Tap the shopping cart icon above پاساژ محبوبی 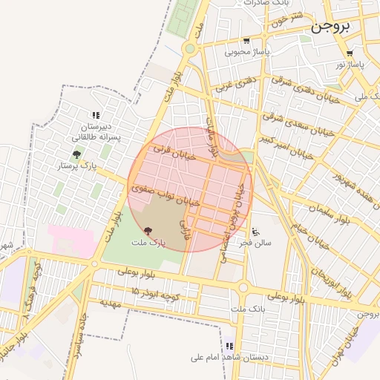246,42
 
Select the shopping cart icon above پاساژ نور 350,53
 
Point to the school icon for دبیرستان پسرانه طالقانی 95,115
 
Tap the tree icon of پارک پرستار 76,155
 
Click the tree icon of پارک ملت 147,232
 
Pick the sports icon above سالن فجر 256,231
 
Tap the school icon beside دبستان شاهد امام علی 229,347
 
